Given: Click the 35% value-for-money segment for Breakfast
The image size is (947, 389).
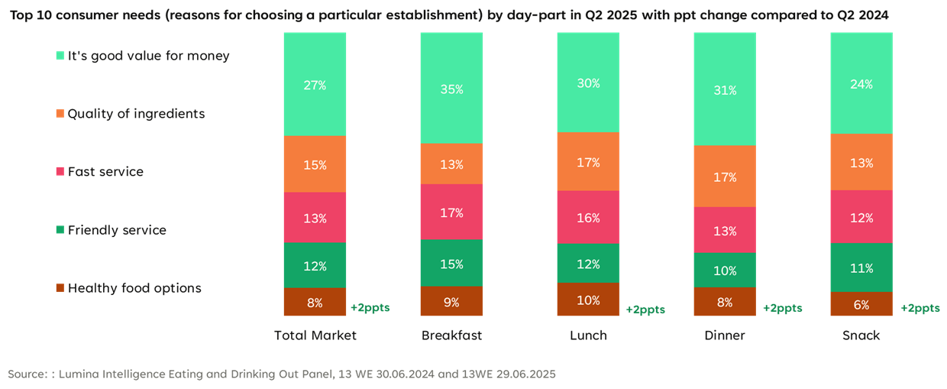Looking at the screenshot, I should [451, 89].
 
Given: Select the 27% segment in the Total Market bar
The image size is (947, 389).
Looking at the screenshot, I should [315, 85].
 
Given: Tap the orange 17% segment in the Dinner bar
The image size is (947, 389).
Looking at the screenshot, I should [725, 177].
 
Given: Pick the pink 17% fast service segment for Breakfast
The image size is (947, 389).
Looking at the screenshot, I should [451, 212].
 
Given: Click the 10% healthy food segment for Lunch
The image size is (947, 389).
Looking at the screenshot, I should [588, 300].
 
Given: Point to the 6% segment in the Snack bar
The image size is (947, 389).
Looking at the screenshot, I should [861, 304].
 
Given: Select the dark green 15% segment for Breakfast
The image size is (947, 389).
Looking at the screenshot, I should [451, 264].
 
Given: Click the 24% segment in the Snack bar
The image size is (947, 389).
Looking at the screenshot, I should [861, 84].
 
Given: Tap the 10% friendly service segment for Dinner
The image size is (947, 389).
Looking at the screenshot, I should [725, 271].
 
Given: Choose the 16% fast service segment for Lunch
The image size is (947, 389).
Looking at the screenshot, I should [588, 218].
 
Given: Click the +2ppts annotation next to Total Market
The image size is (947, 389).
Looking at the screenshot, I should [370, 308].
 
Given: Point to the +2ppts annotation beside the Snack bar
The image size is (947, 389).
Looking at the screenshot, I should [920, 308].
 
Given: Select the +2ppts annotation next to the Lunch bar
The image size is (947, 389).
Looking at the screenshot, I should [645, 310].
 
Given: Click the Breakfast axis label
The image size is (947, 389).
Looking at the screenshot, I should [451, 336].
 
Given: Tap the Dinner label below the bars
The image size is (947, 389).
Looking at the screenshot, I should [725, 336].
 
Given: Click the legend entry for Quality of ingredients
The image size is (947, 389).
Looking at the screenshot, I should [136, 114].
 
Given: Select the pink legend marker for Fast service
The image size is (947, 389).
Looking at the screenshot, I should [60, 172].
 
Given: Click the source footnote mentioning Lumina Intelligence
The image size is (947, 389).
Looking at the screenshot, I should [282, 374].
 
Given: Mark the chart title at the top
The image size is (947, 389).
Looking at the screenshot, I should [450, 15].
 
